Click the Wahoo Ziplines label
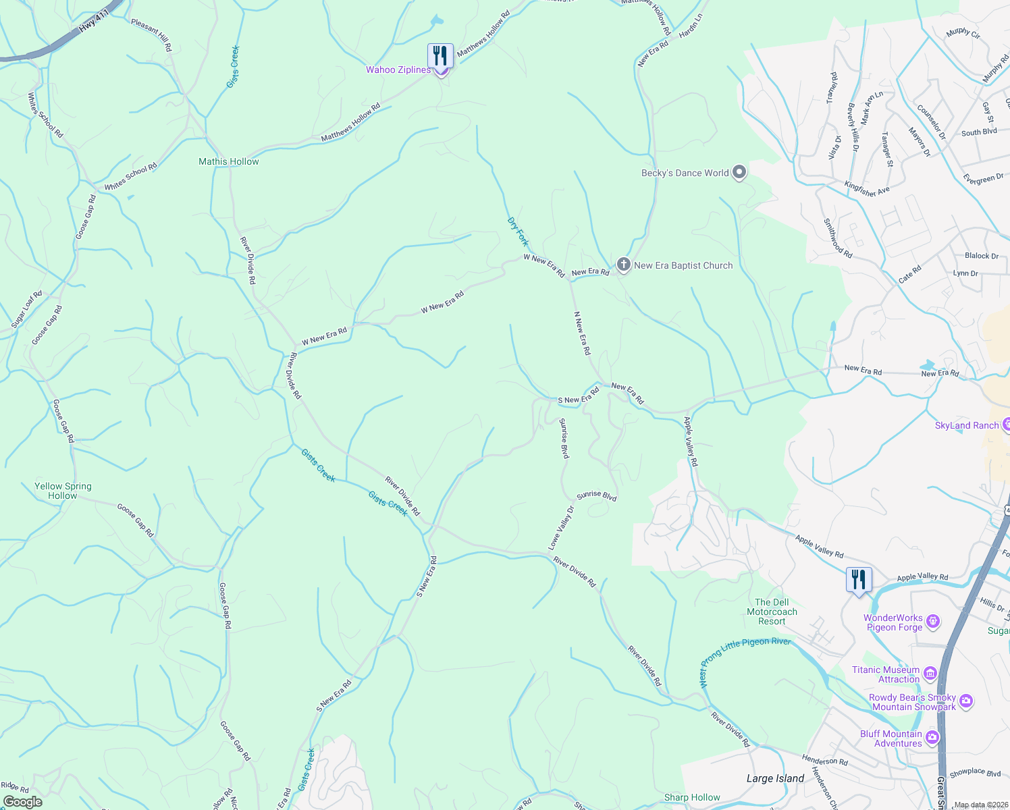[398, 70]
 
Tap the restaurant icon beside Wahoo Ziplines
[440, 56]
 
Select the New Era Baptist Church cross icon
[623, 265]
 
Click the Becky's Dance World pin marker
[739, 173]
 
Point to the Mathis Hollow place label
[228, 161]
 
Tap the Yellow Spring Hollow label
[63, 491]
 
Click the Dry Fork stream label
[518, 232]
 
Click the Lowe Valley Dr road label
[560, 528]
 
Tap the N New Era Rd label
[582, 333]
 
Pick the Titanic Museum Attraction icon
[930, 673]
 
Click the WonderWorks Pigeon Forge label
[893, 622]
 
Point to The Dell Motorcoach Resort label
[772, 612]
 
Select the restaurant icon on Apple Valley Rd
[858, 580]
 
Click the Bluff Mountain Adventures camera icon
[932, 737]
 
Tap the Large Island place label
[775, 778]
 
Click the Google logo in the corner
[23, 802]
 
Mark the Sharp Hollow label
[692, 797]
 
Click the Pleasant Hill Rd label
[152, 35]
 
